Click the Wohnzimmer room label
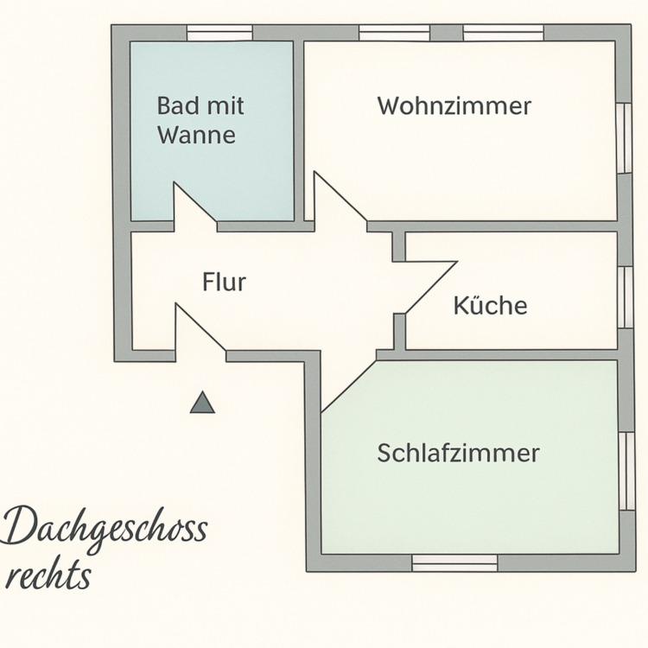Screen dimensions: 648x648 tap(454, 106)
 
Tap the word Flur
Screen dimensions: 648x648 tap(225, 282)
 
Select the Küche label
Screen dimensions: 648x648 tap(490, 305)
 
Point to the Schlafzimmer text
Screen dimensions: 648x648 tap(458, 453)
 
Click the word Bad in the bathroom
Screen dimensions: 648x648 tap(176, 106)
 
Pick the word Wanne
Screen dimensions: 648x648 tap(196, 136)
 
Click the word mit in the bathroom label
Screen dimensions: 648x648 tap(226, 106)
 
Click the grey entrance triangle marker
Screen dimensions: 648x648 tap(202, 403)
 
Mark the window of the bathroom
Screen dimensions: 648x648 tap(219, 33)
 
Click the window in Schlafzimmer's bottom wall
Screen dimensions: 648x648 tap(454, 562)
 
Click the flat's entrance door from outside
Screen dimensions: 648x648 tap(199, 333)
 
